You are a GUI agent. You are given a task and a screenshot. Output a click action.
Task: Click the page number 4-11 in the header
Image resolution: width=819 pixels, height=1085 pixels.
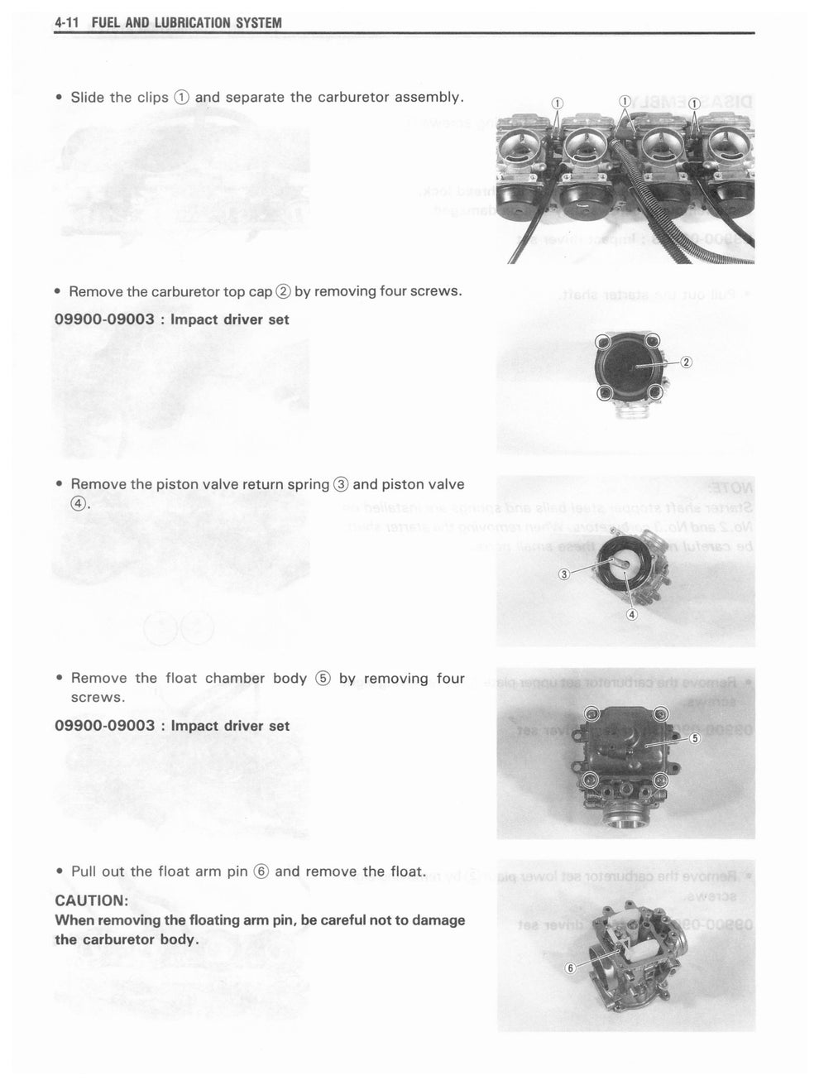point(65,23)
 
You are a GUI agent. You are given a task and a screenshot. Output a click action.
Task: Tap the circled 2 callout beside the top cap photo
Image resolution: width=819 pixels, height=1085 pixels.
point(686,362)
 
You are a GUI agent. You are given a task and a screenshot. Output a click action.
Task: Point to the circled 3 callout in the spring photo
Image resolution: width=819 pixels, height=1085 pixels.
point(563,574)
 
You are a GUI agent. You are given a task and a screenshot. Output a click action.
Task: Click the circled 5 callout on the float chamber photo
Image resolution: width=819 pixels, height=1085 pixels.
point(694,738)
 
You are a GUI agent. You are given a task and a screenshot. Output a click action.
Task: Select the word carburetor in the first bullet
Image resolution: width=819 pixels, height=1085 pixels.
point(352,97)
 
